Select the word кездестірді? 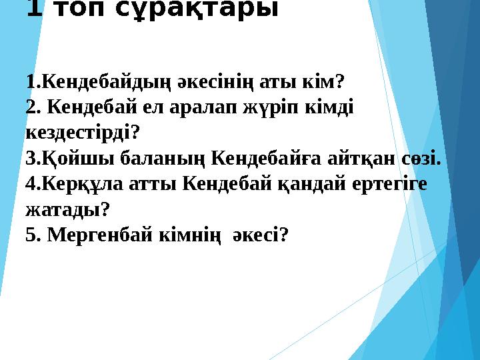coord(82,133)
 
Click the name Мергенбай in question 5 coord(94,235)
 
